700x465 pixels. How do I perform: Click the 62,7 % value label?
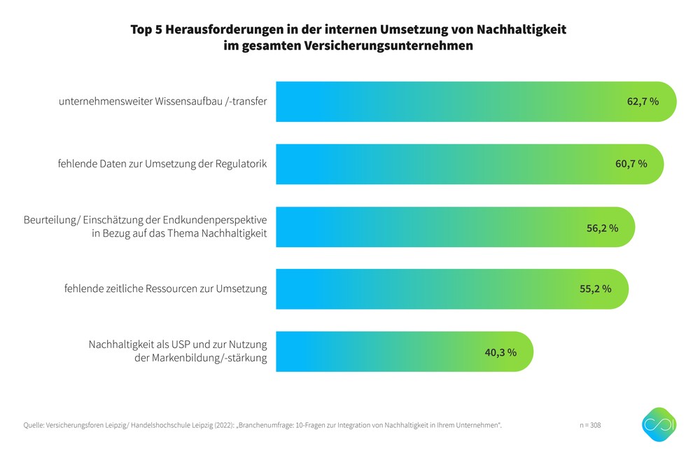click(x=643, y=102)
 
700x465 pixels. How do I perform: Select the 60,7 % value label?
click(x=631, y=164)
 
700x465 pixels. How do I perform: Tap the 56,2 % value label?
click(x=602, y=227)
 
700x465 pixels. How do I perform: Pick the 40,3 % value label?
click(x=500, y=352)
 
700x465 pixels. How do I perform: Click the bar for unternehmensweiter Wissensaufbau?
click(x=448, y=102)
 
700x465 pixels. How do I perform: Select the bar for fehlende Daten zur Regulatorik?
click(x=441, y=164)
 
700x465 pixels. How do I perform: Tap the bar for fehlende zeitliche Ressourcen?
click(x=427, y=289)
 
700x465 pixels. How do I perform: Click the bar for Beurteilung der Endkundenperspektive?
click(x=434, y=227)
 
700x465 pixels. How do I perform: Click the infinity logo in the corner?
click(x=659, y=425)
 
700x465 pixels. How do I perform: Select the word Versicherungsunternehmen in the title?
click(x=393, y=46)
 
